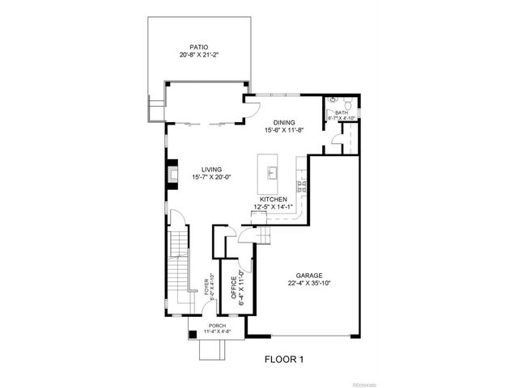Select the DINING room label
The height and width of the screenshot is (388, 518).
tap(282, 121)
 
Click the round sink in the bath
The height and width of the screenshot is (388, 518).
tap(331, 104)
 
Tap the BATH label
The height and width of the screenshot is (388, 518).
tap(341, 113)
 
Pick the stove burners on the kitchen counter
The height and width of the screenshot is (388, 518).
tap(303, 187)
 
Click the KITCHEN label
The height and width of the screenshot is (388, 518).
tap(274, 199)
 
